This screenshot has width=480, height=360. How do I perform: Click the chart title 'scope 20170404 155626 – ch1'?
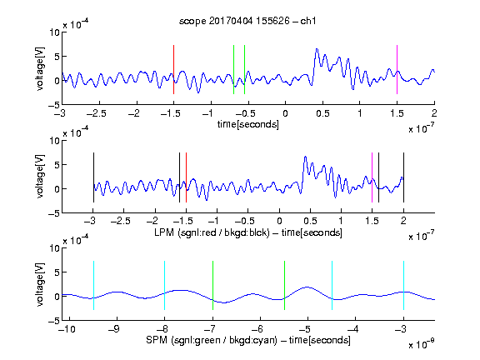247,21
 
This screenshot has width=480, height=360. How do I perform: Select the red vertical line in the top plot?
173,69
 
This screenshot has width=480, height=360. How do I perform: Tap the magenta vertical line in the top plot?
397,69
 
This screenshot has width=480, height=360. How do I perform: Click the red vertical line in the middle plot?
186,177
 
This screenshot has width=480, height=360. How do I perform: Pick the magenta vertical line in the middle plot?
372,177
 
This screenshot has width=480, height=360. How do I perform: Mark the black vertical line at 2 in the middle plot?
403,177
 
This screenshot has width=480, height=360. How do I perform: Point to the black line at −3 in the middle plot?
93,177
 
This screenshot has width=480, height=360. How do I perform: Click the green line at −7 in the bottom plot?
212,285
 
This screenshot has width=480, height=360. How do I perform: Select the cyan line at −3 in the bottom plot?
403,285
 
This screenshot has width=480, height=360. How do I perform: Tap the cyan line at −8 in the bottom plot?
165,285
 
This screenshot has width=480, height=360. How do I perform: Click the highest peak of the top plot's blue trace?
317,49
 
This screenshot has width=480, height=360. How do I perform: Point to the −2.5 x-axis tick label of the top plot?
97,113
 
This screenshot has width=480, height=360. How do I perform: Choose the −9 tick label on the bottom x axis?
115,329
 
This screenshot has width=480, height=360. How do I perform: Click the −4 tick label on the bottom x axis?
353,329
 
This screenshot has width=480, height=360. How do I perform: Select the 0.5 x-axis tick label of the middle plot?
310,221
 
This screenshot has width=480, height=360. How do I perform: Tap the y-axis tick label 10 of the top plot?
54,32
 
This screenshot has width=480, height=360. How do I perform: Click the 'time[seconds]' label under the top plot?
248,124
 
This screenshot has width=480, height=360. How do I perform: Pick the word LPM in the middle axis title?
164,232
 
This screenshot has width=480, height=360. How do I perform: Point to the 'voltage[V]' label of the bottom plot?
40,284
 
